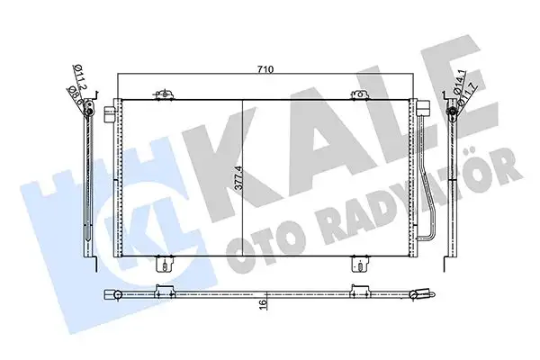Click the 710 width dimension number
pos(266,68)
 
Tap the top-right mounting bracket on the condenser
pos(352,94)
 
